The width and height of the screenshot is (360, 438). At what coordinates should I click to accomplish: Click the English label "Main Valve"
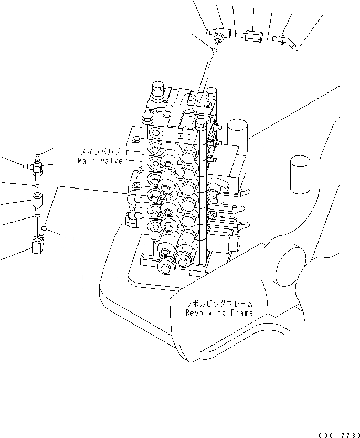click(100, 161)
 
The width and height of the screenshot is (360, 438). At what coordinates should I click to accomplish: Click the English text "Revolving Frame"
click(219, 313)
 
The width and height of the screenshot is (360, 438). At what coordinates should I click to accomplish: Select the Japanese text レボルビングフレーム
click(219, 304)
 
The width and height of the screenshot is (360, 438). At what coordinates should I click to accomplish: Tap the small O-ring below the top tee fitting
click(215, 50)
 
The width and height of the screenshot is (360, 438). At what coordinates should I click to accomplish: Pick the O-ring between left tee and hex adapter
click(37, 186)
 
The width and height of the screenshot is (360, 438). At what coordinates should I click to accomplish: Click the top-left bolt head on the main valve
click(157, 87)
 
